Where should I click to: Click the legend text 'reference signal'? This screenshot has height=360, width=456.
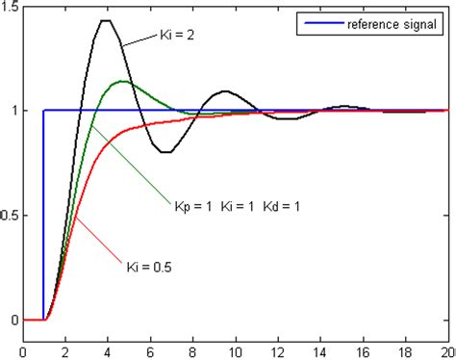pyautogui.click(x=390, y=21)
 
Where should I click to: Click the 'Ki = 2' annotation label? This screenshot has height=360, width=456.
pyautogui.click(x=180, y=36)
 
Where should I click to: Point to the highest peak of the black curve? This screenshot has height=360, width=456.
pyautogui.click(x=105, y=21)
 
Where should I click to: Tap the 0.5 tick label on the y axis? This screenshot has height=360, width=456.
pyautogui.click(x=11, y=215)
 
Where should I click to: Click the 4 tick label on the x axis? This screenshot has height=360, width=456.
pyautogui.click(x=106, y=349)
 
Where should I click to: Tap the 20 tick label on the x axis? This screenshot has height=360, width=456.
pyautogui.click(x=448, y=349)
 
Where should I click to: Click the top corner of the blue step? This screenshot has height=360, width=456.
pyautogui.click(x=43, y=110)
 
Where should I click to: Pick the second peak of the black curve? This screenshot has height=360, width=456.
pyautogui.click(x=225, y=91)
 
